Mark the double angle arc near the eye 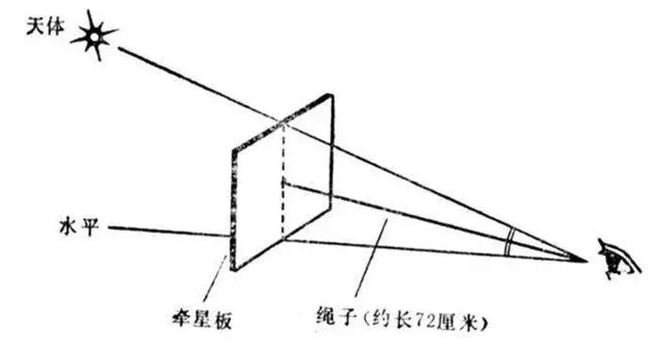509,241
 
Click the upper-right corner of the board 332,95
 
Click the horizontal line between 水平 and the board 170,229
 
